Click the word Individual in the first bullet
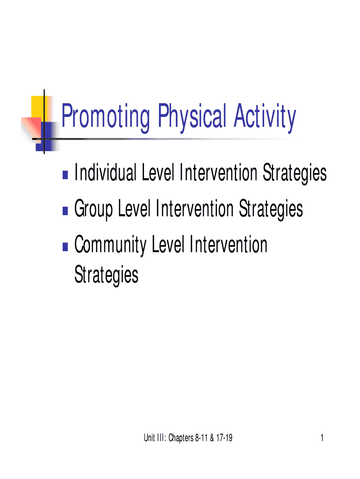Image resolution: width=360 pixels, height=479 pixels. click(105, 173)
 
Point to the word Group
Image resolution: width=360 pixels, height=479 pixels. click(94, 209)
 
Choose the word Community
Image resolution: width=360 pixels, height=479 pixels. click(110, 245)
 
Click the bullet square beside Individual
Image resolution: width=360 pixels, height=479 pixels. click(65, 175)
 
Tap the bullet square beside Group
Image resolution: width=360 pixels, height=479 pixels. click(65, 211)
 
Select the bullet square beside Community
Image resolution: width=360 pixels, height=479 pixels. click(65, 247)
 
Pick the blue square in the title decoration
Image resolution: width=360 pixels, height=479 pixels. click(45, 136)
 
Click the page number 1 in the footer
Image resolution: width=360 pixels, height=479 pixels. click(322, 438)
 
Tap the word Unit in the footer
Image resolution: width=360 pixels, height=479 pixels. click(149, 438)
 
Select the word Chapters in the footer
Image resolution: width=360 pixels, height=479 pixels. click(181, 438)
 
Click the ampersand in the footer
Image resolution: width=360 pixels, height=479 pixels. click(212, 438)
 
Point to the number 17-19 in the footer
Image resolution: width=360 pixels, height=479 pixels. click(224, 438)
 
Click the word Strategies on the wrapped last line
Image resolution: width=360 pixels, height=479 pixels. click(107, 275)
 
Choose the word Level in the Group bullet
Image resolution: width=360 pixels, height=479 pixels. click(134, 209)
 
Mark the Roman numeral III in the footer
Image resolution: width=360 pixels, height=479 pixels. click(161, 438)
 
